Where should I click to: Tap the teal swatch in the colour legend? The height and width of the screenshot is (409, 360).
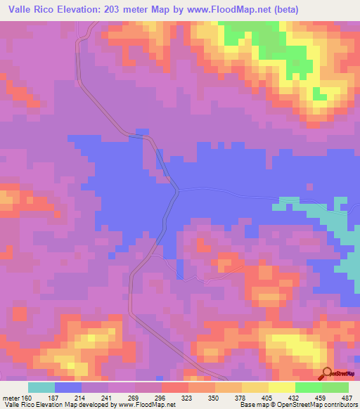point(41,387)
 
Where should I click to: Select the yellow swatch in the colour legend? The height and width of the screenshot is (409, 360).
point(281,387)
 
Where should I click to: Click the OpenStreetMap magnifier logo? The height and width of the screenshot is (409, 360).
point(328,372)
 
